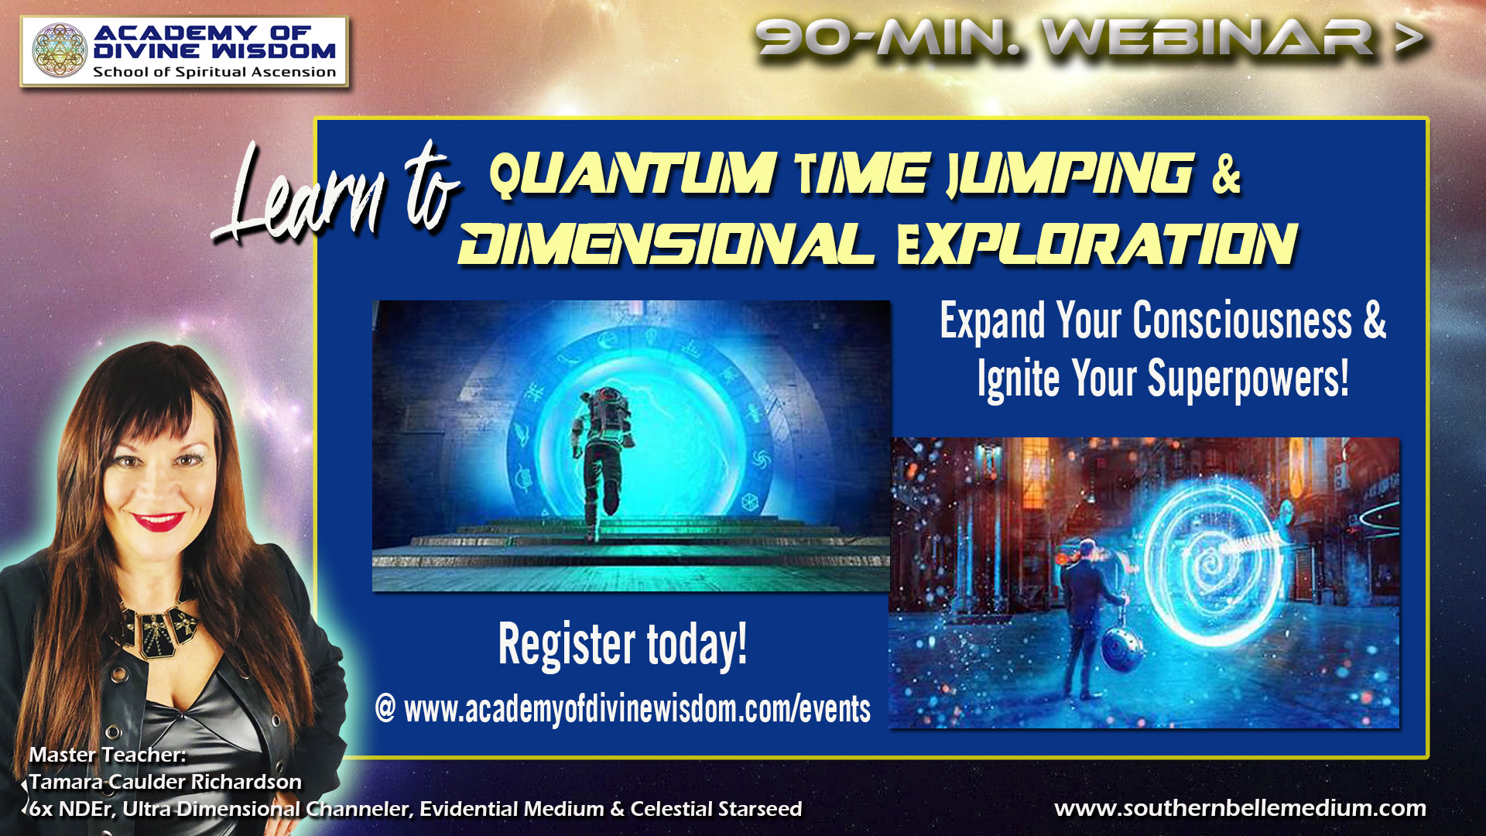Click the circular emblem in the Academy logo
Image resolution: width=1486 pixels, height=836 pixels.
coord(60,51)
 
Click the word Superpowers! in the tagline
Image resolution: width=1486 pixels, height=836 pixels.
coord(1248,379)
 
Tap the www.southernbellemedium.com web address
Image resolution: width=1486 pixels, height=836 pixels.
coord(1240,808)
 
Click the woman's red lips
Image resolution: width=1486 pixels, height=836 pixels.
coord(158,521)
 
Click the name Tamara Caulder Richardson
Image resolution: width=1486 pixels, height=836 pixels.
coord(166,782)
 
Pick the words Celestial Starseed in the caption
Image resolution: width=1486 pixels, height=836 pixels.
coord(717,809)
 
